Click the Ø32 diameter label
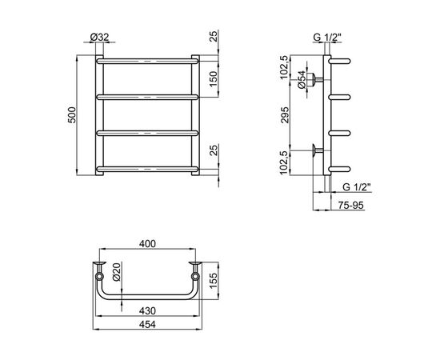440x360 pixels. pos(100,38)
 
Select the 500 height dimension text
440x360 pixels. pos(72,115)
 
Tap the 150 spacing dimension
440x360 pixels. pos(214,79)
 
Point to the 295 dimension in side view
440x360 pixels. pos(285,114)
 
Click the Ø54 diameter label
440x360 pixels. pos(302,80)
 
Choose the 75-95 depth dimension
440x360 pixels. pos(350,206)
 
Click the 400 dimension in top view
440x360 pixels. pos(148,244)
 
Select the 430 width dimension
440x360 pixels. pos(148,311)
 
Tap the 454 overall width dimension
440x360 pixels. pos(148,324)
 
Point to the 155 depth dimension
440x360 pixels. pos(214,281)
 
